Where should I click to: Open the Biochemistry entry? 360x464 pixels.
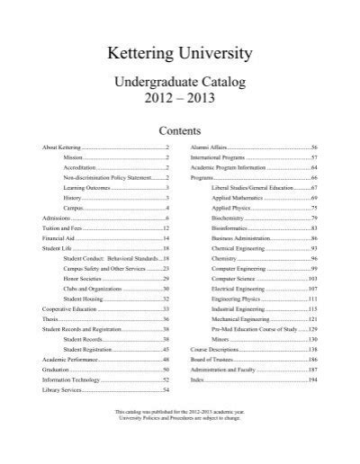point(230,219)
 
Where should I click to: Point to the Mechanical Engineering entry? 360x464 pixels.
point(242,319)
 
